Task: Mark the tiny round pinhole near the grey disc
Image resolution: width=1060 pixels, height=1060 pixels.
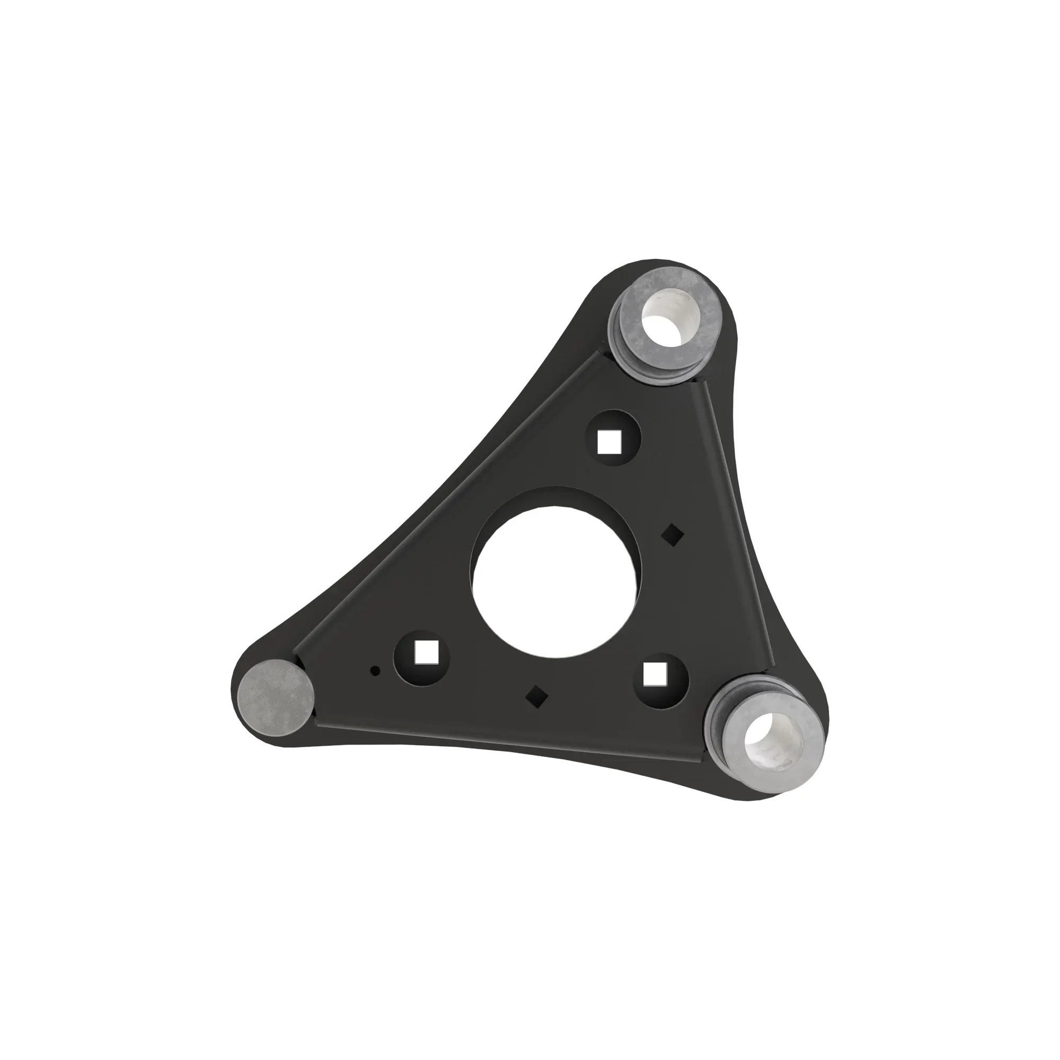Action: pyautogui.click(x=376, y=670)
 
